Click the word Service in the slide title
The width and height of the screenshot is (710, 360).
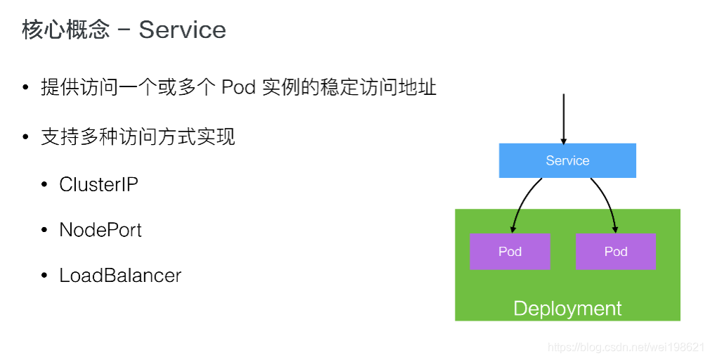click(182, 30)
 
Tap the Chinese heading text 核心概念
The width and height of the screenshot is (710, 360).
click(65, 30)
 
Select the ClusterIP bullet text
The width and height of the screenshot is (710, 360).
click(98, 184)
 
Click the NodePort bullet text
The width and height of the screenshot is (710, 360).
click(101, 230)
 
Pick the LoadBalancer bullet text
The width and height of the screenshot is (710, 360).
click(120, 275)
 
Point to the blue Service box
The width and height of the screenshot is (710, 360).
click(567, 160)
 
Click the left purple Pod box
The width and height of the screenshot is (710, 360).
click(510, 252)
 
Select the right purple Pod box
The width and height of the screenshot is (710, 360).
click(616, 252)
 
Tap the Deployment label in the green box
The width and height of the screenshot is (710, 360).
click(567, 309)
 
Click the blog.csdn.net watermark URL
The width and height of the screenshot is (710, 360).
click(626, 347)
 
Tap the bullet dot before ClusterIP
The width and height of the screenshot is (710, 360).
click(45, 185)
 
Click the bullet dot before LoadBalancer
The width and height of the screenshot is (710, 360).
click(45, 276)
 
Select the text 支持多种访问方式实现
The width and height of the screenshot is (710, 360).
click(138, 136)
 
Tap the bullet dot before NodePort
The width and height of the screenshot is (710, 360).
click(45, 231)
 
